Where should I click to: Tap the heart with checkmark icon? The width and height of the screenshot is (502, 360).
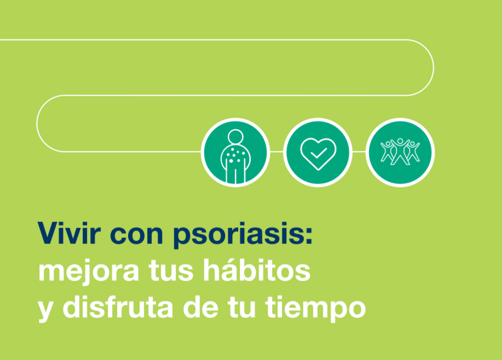click(x=318, y=152)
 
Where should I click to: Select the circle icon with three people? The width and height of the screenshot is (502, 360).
click(x=400, y=152)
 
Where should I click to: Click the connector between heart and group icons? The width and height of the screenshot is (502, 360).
click(x=359, y=152)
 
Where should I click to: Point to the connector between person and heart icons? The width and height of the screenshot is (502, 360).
click(x=276, y=152)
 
